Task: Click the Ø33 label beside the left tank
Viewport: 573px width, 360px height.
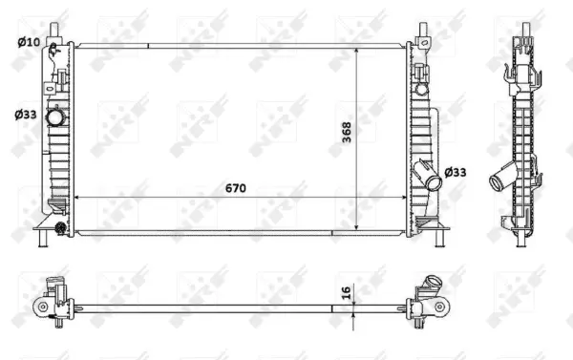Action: pyautogui.click(x=27, y=115)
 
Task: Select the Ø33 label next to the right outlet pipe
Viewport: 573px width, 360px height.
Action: pyautogui.click(x=457, y=172)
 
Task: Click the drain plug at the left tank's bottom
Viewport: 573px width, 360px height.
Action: pyautogui.click(x=61, y=227)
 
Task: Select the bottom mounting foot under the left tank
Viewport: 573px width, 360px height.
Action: pyautogui.click(x=43, y=239)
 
